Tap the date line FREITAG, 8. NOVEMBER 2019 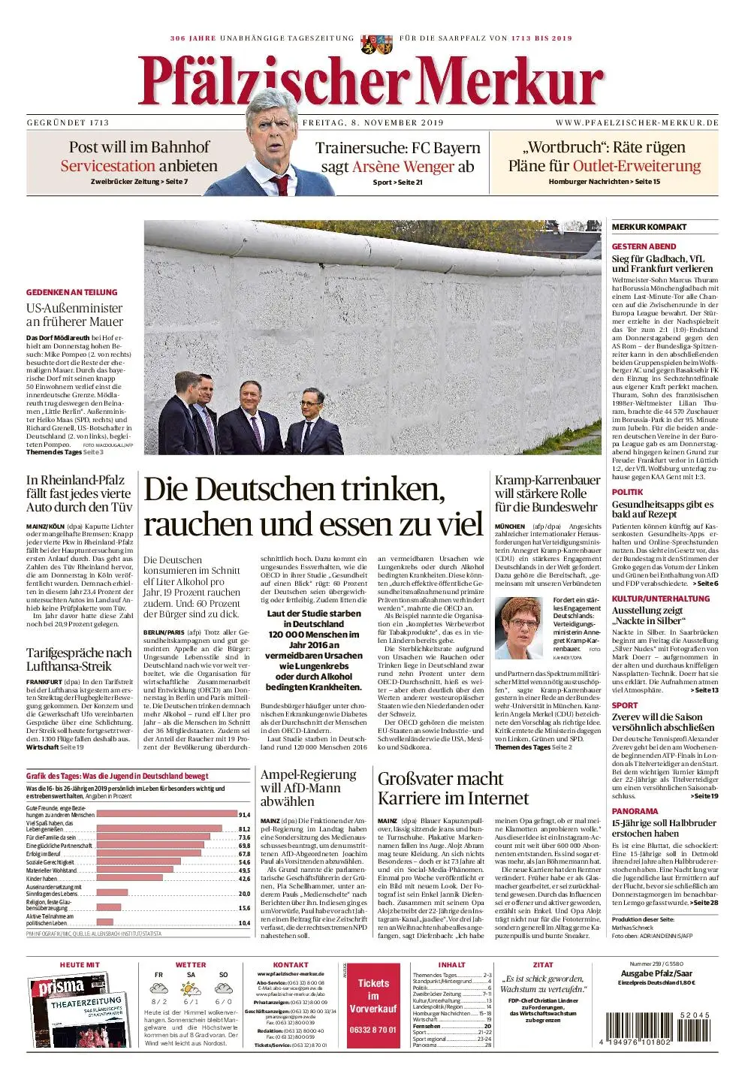[x=372, y=122]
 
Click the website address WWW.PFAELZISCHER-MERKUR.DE [x=637, y=122]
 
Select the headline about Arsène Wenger [x=397, y=157]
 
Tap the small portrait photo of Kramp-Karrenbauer [x=520, y=628]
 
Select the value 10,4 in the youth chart [x=244, y=923]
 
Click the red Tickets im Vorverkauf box [x=373, y=1006]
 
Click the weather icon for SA [x=191, y=989]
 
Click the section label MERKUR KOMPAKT [x=649, y=227]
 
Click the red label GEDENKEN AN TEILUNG [x=72, y=292]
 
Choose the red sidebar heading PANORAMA [x=635, y=811]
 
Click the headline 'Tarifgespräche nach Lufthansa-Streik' [x=79, y=659]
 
